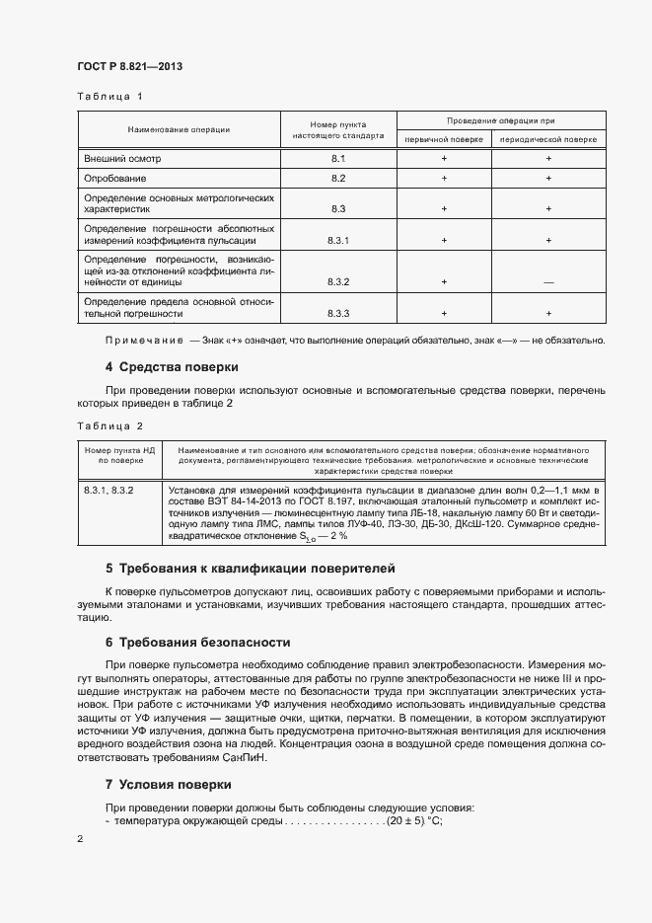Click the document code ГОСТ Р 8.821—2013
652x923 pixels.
[x=129, y=66]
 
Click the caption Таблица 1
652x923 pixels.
[x=109, y=97]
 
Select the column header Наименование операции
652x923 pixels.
[x=178, y=129]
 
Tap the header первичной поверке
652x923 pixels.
[x=444, y=139]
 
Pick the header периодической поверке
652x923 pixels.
[x=548, y=139]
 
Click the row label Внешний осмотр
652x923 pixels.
[x=121, y=158]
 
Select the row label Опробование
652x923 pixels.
[x=115, y=179]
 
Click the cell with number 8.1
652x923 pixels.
[x=337, y=158]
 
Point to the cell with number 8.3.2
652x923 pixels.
[x=337, y=281]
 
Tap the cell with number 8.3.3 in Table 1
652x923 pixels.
[x=337, y=313]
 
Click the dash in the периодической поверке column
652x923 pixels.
[x=548, y=282]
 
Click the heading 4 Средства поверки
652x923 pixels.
[x=172, y=367]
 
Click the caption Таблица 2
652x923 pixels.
[x=109, y=425]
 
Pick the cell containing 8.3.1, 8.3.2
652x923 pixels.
[x=109, y=489]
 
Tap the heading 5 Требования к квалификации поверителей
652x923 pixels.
[x=277, y=569]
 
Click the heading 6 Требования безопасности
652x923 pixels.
[x=197, y=642]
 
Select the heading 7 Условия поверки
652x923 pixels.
[x=168, y=784]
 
